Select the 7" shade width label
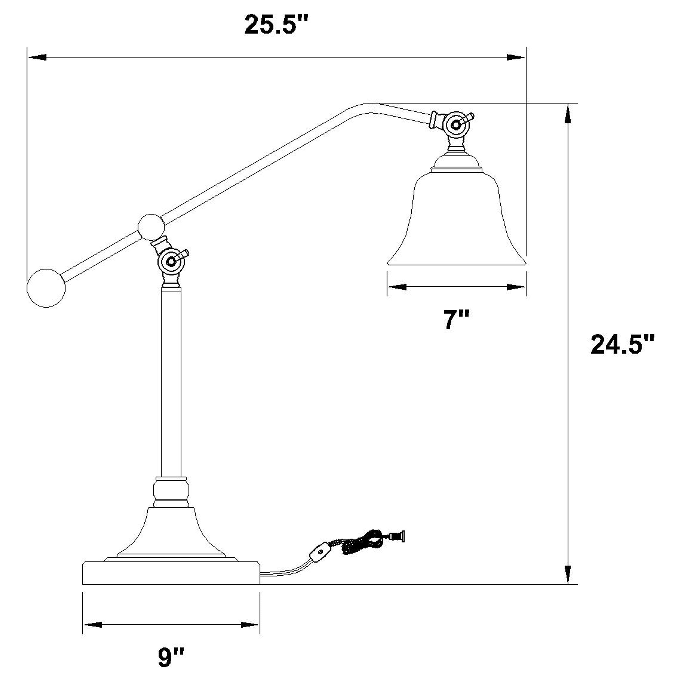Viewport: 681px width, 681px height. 457,320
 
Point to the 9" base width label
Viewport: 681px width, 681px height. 171,657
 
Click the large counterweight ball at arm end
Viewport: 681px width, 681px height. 46,288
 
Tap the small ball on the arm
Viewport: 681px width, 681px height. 151,227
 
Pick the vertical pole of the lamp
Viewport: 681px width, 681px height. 171,381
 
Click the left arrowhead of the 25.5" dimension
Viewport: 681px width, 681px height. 37,57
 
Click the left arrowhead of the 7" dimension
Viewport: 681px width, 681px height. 397,287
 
